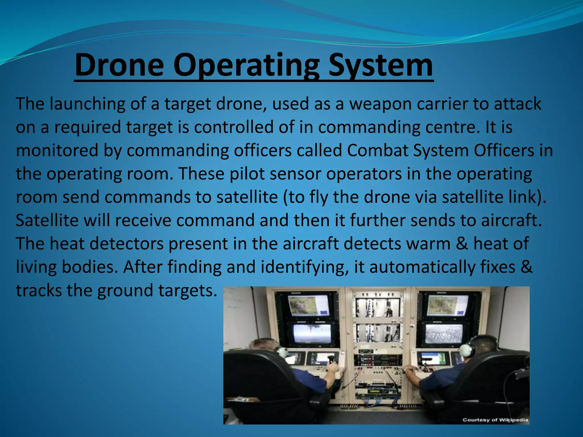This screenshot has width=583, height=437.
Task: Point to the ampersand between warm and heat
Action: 462,244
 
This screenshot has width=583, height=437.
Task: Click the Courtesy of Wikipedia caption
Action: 495,420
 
